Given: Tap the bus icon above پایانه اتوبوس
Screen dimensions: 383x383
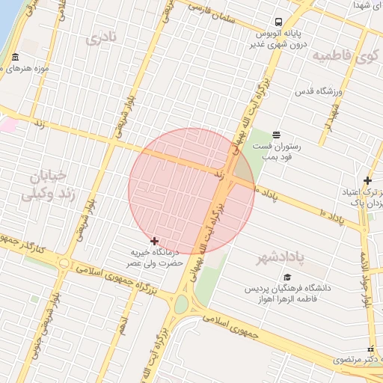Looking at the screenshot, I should [278, 22].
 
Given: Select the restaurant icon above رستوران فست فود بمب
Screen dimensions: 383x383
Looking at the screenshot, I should [277, 135].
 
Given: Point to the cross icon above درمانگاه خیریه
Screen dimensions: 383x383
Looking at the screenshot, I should [155, 241].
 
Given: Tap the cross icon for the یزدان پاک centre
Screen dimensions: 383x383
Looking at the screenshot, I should [367, 180].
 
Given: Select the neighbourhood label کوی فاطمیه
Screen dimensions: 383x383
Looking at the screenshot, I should [345, 57].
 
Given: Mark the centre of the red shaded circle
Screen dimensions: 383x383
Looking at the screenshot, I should [191, 191].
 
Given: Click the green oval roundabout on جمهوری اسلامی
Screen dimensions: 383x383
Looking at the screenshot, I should [181, 304].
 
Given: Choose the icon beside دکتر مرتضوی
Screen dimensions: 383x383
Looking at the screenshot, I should [370, 349].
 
